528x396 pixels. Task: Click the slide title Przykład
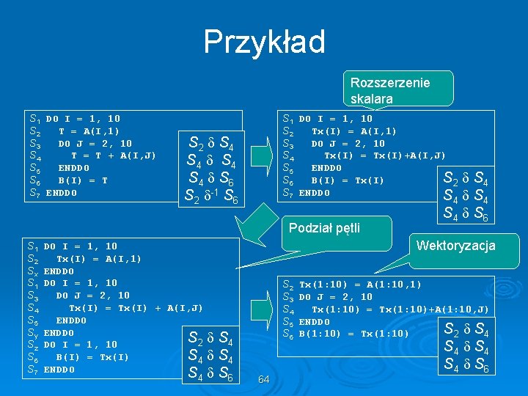coord(264,42)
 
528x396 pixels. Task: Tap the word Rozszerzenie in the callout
coord(390,83)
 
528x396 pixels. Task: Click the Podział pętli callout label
coord(324,227)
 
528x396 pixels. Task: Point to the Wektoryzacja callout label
coord(455,246)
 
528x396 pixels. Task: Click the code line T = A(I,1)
coord(89,131)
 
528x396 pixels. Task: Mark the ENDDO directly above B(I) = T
coord(73,168)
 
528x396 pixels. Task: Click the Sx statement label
coord(33,271)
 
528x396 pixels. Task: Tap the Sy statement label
coord(33,333)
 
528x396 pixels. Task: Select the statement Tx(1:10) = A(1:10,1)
coord(360,285)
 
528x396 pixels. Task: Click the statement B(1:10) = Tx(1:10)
coord(353,334)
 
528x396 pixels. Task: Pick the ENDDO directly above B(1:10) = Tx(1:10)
coord(314,322)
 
